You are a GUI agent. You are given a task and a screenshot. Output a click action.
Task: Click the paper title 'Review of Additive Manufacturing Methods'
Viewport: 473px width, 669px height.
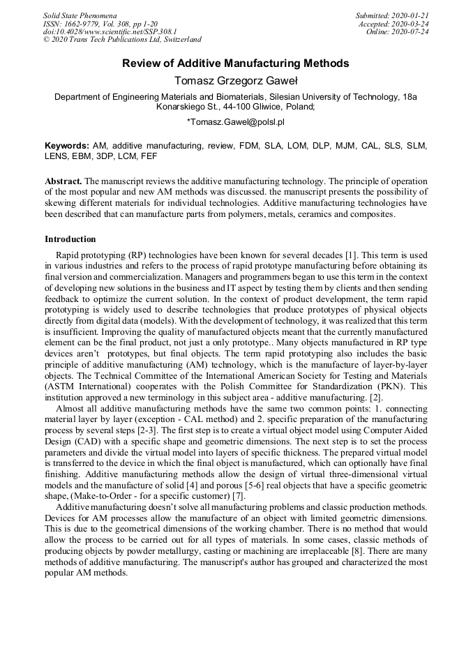[236, 63]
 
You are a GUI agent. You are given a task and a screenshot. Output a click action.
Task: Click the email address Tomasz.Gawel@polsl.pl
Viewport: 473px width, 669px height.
[236, 122]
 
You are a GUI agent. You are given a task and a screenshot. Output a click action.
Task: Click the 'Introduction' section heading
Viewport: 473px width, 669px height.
[70, 239]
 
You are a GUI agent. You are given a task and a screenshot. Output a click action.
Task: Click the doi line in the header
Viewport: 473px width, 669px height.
[110, 32]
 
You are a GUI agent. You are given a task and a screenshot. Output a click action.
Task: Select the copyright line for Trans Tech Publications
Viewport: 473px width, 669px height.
[122, 40]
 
